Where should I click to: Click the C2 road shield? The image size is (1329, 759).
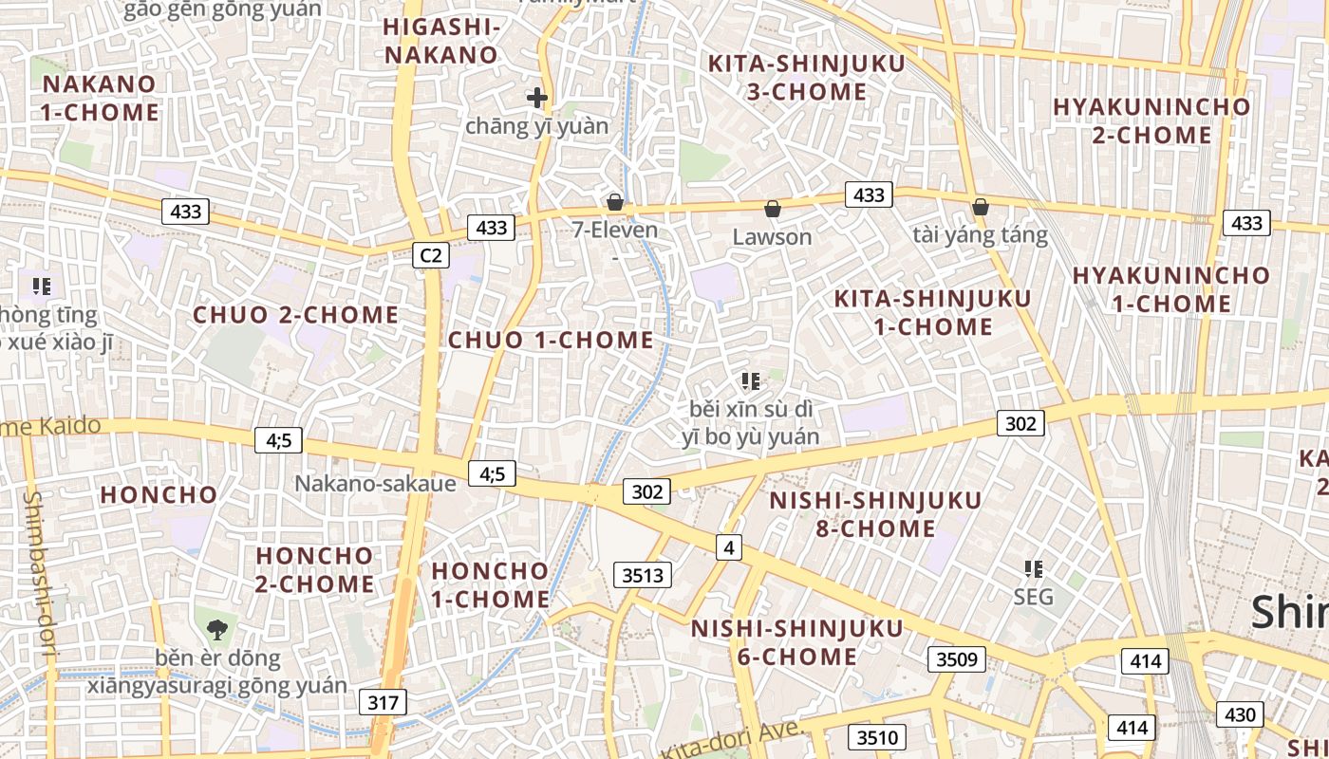coord(431,254)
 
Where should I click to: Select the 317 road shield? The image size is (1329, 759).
coord(383,702)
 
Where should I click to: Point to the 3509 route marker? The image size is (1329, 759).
coord(956,658)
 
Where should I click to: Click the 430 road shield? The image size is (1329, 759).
coord(1240,714)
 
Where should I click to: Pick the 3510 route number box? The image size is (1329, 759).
coord(876,737)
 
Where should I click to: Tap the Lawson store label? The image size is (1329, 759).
coord(772,236)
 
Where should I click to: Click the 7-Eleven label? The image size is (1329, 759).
coord(614,230)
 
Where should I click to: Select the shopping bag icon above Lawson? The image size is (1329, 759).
coord(773,208)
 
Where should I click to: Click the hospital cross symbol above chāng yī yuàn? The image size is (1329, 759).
coord(537,97)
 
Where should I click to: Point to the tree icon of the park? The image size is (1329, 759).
coord(217,627)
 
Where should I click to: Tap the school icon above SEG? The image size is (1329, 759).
coord(1034,569)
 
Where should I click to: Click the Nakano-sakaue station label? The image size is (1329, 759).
coord(375,483)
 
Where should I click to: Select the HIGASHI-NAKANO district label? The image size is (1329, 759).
coord(440,41)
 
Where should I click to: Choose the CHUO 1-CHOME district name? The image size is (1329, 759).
coord(551,340)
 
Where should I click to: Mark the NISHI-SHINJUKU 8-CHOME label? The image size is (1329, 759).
coord(875,513)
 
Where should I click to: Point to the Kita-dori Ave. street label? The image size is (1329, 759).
coord(731,740)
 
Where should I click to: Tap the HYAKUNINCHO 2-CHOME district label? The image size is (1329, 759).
coord(1151,120)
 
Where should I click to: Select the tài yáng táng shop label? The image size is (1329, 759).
coord(980,234)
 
